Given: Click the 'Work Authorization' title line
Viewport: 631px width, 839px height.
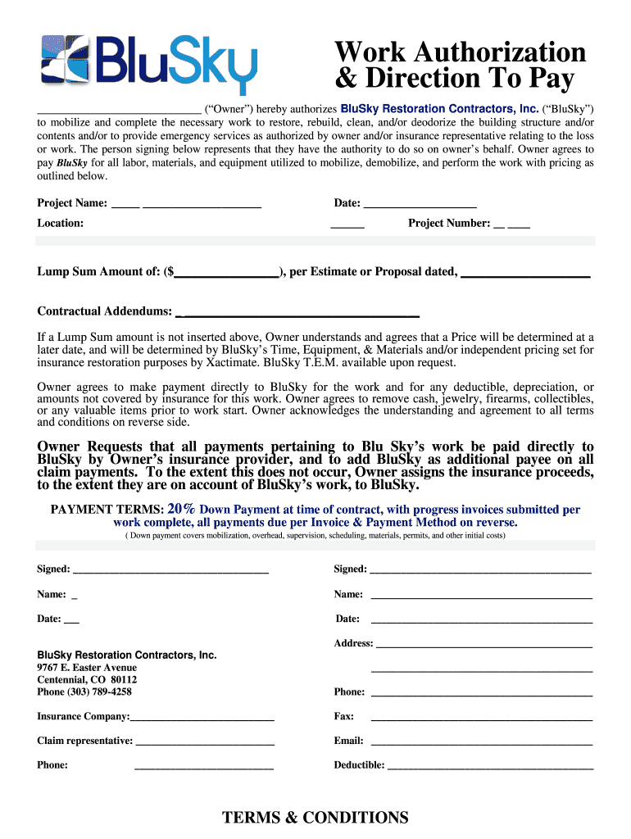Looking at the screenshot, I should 460,52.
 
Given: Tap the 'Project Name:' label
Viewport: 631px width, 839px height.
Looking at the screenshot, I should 72,203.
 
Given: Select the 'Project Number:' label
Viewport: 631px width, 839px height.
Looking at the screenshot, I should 449,223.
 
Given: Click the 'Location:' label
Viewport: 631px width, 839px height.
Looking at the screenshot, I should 60,223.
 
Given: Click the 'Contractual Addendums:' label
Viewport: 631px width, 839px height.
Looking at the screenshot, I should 104,311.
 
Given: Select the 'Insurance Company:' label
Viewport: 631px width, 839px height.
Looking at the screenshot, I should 83,716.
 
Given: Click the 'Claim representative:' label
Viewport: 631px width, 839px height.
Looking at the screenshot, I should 84,741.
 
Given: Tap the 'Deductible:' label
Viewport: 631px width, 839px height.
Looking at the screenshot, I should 359,765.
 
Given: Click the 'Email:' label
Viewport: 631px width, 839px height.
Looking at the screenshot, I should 348,741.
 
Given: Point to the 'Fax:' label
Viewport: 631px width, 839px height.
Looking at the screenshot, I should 343,716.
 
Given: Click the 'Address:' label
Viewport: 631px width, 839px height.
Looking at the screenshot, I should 353,643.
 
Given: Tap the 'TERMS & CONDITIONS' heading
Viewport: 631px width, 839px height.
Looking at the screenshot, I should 315,818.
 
